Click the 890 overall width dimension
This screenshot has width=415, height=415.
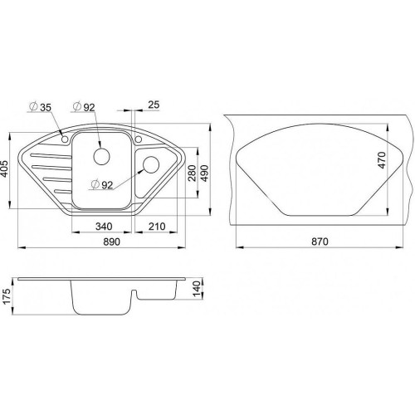pyautogui.click(x=112, y=242)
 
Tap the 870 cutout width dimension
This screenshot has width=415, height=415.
pyautogui.click(x=320, y=242)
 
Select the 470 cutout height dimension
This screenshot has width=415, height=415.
pyautogui.click(x=381, y=160)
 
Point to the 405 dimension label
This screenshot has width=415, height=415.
pyautogui.click(x=6, y=168)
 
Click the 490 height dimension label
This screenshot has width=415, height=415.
pyautogui.click(x=205, y=173)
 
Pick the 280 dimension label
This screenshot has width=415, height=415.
pyautogui.click(x=192, y=173)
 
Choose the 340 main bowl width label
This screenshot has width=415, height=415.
pyautogui.click(x=104, y=227)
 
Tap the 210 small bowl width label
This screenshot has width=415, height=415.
pyautogui.click(x=157, y=227)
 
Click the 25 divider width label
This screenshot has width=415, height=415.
pyautogui.click(x=154, y=105)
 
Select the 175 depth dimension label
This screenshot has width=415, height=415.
pyautogui.click(x=7, y=296)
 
